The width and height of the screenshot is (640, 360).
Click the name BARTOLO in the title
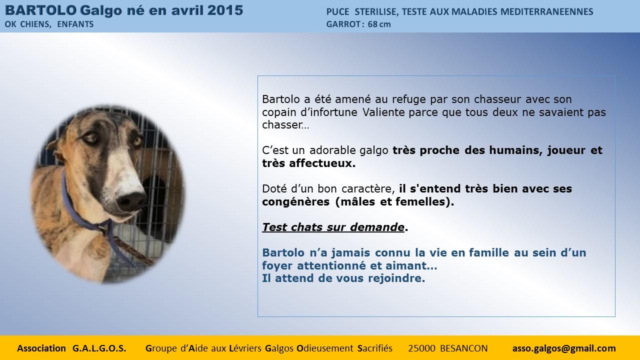pos(40,10)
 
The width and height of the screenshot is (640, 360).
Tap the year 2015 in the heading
pos(225,10)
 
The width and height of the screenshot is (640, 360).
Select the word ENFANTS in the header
pos(75,24)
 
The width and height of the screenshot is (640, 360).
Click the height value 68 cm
pos(379,24)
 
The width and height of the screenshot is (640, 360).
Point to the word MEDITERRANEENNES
pos(547,11)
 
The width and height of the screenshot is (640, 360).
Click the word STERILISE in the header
pos(376,11)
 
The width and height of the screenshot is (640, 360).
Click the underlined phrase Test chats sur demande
pos(333,227)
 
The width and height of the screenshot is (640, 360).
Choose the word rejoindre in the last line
pos(396,278)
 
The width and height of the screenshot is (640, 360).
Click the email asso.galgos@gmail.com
pos(564,348)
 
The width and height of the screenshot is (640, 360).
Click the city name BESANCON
pos(463,348)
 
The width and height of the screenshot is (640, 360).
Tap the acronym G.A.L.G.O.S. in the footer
pos(99,348)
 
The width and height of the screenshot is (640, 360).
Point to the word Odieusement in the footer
pos(325,348)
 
